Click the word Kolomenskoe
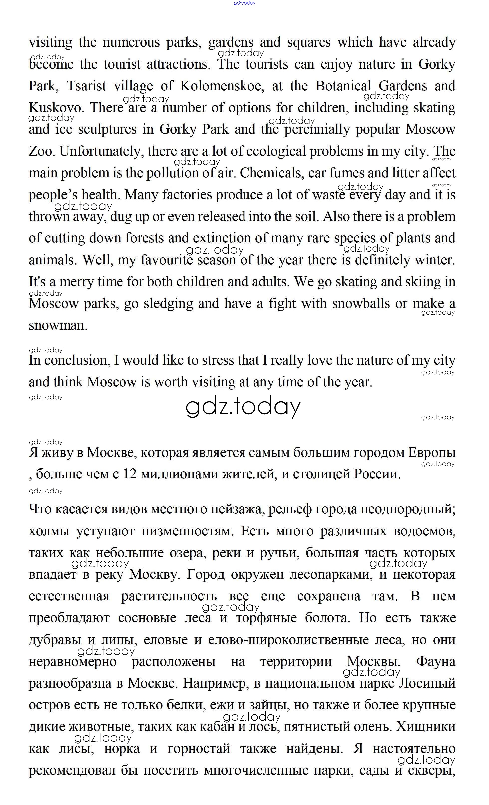221,86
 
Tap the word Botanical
343,86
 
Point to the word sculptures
107,130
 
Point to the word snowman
58,325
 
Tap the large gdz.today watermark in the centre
243,407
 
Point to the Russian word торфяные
266,618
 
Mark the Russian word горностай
199,748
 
